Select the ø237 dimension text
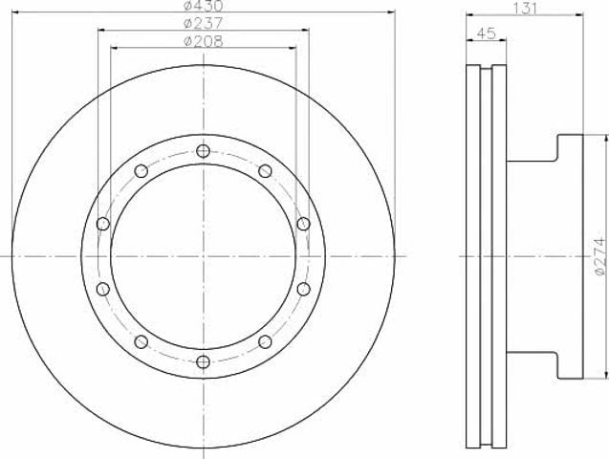click(203, 23)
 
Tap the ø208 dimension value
click(203, 41)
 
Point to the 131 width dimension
click(525, 9)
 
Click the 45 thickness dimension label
click(486, 33)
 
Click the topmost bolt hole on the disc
click(203, 151)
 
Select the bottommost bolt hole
click(203, 361)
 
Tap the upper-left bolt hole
click(141, 171)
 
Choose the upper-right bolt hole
click(265, 171)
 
